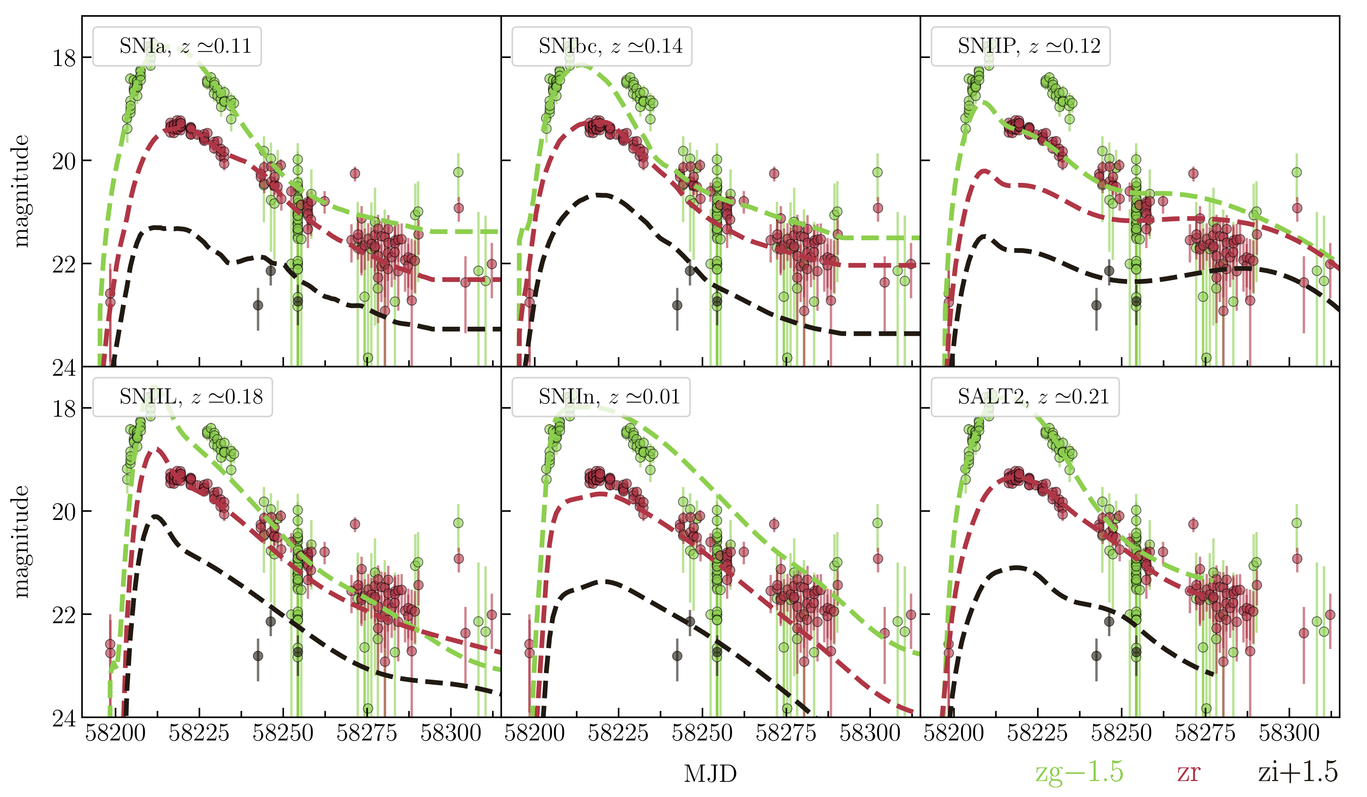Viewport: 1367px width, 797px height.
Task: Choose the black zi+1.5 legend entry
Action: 1298,772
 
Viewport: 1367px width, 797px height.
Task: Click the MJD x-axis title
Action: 710,774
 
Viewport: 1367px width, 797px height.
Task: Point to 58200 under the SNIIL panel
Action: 115,734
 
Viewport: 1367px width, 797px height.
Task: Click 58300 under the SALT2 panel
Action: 1289,734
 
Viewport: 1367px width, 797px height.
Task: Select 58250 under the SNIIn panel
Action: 702,734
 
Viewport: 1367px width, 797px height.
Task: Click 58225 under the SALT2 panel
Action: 1037,734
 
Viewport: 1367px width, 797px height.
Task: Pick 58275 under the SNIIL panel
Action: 367,734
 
